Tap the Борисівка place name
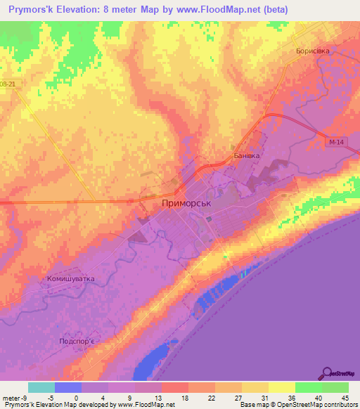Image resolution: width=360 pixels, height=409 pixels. [313, 51]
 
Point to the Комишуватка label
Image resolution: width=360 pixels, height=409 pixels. [70, 279]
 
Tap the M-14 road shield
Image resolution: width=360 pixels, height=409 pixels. [335, 142]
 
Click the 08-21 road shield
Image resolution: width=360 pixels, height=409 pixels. [8, 83]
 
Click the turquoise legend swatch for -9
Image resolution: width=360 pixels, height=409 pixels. [41, 387]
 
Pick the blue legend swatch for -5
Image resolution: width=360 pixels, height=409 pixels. [68, 387]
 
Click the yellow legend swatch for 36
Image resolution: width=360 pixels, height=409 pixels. [281, 387]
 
